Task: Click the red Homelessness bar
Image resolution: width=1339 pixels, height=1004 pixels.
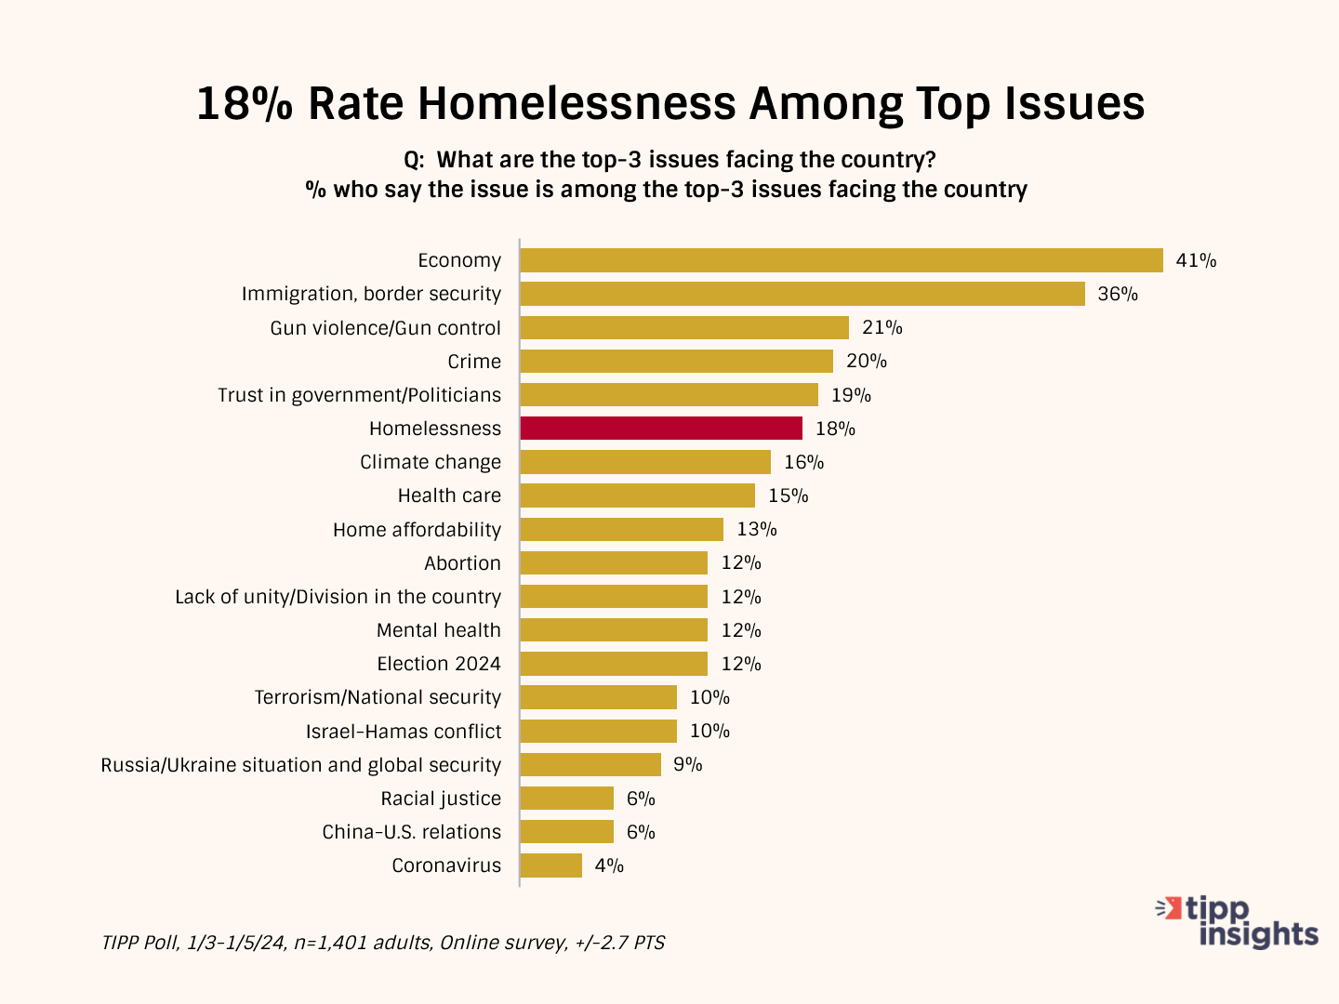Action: point(661,429)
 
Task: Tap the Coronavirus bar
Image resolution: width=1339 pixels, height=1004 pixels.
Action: point(551,865)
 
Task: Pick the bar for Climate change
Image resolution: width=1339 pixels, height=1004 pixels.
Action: point(645,462)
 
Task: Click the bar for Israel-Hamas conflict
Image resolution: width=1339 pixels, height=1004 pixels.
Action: point(599,731)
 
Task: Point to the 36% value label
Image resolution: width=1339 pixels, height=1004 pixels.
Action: point(1118,294)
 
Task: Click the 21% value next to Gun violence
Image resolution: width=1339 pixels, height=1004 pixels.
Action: point(882,327)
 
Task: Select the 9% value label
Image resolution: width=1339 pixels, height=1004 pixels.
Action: point(688,764)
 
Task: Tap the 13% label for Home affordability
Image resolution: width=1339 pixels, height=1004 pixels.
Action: point(757,529)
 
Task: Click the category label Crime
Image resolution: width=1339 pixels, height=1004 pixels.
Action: point(474,362)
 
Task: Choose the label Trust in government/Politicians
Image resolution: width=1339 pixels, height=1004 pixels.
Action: point(359,395)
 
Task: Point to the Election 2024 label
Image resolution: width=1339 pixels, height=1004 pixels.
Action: point(439,664)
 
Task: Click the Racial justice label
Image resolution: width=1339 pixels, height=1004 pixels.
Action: point(441,799)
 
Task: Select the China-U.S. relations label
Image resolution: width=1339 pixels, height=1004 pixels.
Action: point(411,832)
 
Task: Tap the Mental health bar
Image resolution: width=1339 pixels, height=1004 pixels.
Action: point(614,630)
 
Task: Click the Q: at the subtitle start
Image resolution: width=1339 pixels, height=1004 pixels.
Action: point(415,160)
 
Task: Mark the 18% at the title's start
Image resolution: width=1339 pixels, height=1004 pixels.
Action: point(245,103)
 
